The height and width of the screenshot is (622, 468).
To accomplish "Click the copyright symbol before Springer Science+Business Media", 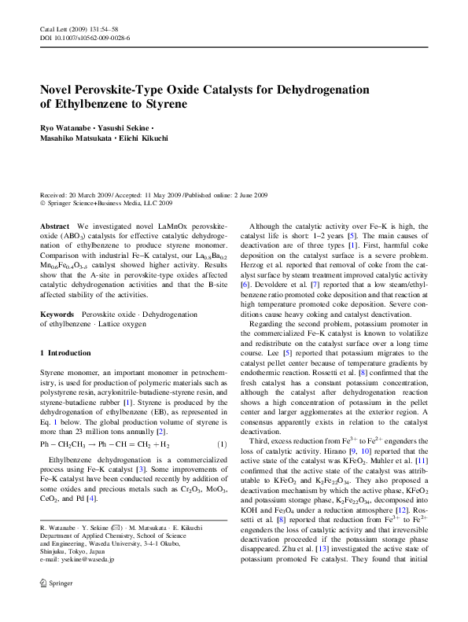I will [43, 203].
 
